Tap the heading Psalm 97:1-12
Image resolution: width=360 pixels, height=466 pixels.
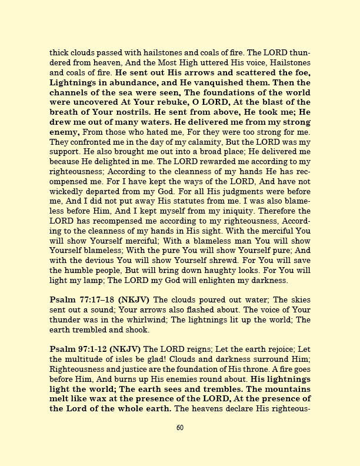click(78, 349)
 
